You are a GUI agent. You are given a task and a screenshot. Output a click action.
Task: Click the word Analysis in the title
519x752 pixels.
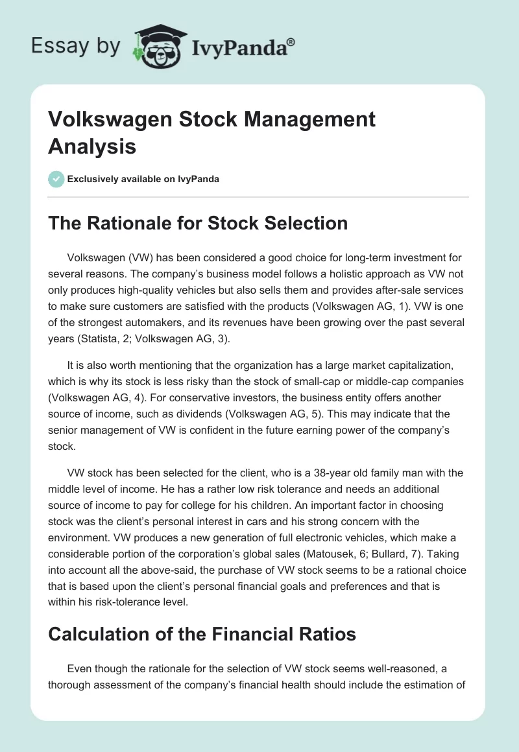coord(91,147)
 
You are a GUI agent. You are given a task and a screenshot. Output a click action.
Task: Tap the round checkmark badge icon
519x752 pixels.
coord(56,179)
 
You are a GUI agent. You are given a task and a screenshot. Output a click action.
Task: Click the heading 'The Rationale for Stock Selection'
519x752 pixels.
coord(198,223)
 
